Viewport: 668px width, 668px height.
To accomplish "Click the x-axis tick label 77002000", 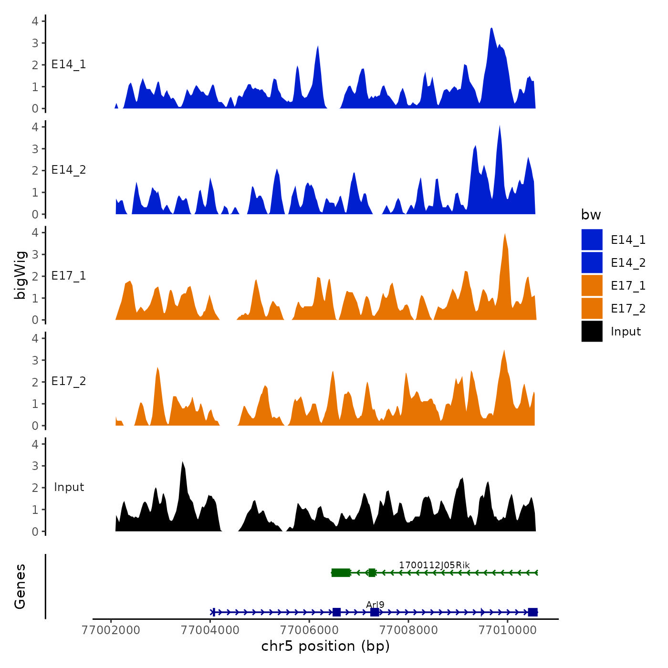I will point(111,630).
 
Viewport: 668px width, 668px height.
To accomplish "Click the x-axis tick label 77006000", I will point(310,630).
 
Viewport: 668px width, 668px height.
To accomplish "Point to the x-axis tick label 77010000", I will point(508,630).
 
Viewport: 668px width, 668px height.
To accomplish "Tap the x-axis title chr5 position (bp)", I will point(325,647).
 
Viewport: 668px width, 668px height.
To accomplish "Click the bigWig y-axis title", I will point(20,275).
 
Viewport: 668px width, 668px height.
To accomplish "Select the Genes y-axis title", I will point(20,586).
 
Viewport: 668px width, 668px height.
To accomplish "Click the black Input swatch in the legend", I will point(592,332).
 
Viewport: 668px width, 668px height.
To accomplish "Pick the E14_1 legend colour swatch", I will point(592,240).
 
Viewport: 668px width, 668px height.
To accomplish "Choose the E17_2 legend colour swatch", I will point(592,309).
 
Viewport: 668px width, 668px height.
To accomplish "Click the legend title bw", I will point(591,215).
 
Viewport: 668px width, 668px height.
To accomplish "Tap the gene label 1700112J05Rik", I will point(434,565).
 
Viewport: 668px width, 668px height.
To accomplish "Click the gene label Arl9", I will point(375,605).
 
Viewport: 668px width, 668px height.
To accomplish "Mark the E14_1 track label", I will point(69,64).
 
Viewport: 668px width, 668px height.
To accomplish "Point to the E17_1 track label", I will point(69,276).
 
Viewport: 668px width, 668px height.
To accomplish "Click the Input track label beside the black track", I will point(69,487).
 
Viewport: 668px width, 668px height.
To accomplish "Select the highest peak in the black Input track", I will point(182,464).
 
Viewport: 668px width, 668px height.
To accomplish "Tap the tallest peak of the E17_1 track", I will point(505,236).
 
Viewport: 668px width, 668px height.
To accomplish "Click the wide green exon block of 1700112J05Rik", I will point(341,573).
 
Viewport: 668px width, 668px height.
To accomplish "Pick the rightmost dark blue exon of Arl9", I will point(532,612).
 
